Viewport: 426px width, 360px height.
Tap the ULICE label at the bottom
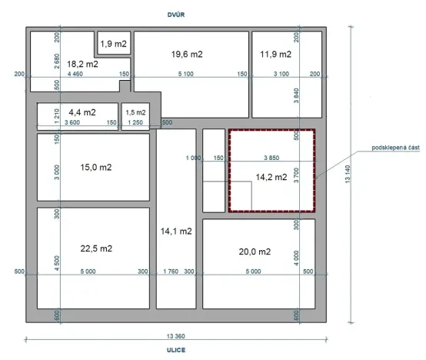tap(178, 348)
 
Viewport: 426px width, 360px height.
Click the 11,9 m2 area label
tap(275, 55)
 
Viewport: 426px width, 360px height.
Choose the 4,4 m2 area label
tap(82, 112)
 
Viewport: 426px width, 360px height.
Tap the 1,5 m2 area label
tap(135, 112)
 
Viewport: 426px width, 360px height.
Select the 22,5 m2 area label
tap(96, 248)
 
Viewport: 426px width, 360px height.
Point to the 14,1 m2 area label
tap(175, 231)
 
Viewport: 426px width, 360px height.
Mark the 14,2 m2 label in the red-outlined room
tap(271, 177)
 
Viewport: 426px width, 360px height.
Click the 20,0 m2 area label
tap(255, 252)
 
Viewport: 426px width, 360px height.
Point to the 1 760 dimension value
tap(171, 272)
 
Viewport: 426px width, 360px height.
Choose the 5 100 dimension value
tap(185, 74)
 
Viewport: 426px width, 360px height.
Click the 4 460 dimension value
tap(75, 74)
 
